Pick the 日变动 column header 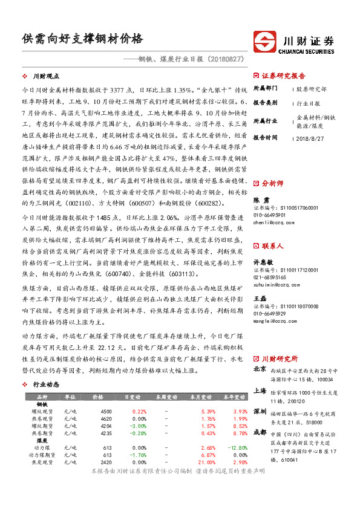[131, 397]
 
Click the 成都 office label [260, 432]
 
